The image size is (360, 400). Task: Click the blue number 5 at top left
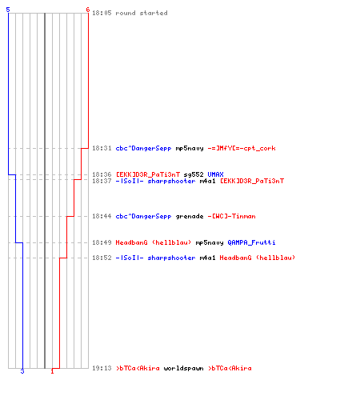coord(8,10)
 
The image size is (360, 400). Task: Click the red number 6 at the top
coord(88,10)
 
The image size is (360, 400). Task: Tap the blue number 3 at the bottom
coord(22,371)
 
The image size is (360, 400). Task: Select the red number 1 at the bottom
coord(52,371)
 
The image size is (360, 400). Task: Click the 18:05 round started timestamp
coord(102,13)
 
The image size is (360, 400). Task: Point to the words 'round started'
coord(142,13)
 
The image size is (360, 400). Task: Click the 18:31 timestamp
coord(102,148)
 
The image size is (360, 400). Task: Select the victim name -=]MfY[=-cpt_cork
coord(242,148)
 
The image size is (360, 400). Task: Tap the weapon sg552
coord(194,174)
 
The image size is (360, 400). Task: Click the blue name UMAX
coord(215,174)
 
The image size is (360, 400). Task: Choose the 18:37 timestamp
coord(102,181)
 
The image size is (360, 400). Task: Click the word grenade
coord(190,216)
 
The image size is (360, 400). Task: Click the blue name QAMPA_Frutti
coord(251,242)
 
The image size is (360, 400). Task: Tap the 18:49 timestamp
coord(102,242)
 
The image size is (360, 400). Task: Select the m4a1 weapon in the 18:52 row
coord(207,258)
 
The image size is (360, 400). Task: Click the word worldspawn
coord(183,368)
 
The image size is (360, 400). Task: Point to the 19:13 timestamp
coord(102,368)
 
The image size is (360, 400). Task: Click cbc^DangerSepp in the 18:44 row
coord(143,216)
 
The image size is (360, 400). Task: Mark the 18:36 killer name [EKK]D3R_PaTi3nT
coord(148,174)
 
